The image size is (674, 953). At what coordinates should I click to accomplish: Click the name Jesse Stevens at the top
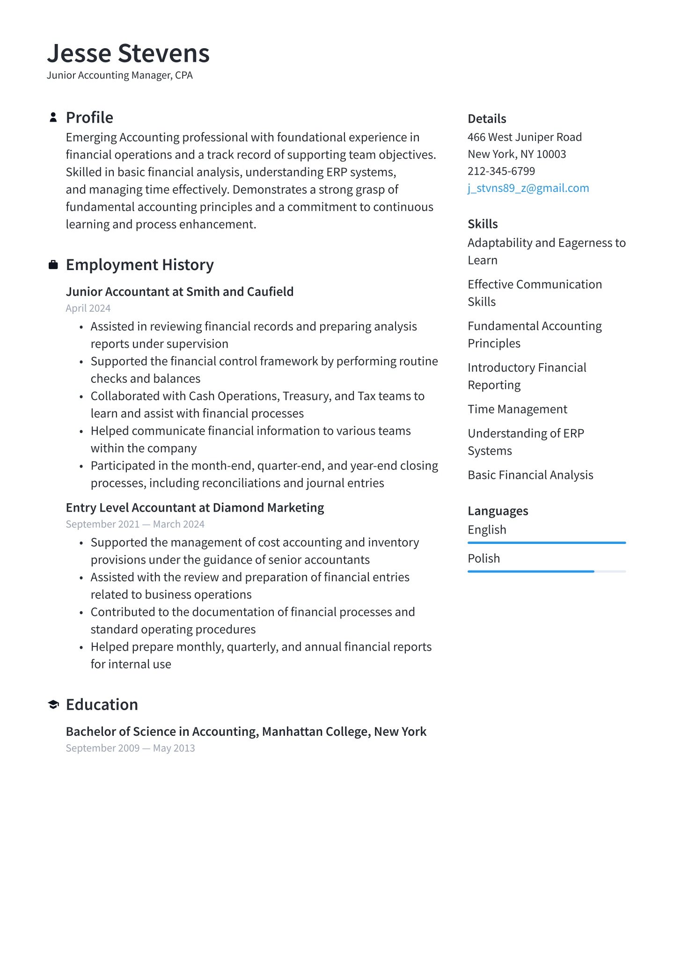[x=128, y=53]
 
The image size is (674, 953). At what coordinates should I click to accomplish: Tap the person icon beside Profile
[x=53, y=117]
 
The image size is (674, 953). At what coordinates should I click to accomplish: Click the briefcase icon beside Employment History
[x=53, y=265]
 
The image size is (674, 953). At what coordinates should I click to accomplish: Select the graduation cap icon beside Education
[x=53, y=704]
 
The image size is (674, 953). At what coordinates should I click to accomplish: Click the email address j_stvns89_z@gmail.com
[x=528, y=188]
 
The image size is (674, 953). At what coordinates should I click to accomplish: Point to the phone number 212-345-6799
[x=501, y=171]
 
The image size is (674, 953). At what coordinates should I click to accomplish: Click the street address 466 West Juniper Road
[x=524, y=137]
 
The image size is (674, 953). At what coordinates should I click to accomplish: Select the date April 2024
[x=88, y=308]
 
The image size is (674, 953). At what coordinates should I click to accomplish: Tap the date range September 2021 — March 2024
[x=135, y=524]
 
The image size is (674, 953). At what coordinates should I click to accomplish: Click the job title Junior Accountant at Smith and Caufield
[x=179, y=292]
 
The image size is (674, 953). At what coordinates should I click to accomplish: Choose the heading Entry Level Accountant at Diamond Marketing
[x=195, y=508]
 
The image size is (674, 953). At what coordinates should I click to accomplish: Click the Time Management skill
[x=517, y=410]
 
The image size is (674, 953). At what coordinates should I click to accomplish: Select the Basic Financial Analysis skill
[x=530, y=475]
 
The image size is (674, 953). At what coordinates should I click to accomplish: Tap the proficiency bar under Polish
[x=546, y=572]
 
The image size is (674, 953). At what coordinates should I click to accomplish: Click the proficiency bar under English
[x=546, y=543]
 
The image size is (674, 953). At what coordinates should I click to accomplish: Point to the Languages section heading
[x=498, y=511]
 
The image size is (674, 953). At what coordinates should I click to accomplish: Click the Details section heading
[x=487, y=119]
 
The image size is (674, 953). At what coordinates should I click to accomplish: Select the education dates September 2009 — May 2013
[x=130, y=748]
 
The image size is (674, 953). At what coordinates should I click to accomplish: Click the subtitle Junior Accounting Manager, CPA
[x=119, y=75]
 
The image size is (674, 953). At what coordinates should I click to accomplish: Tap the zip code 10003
[x=551, y=154]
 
